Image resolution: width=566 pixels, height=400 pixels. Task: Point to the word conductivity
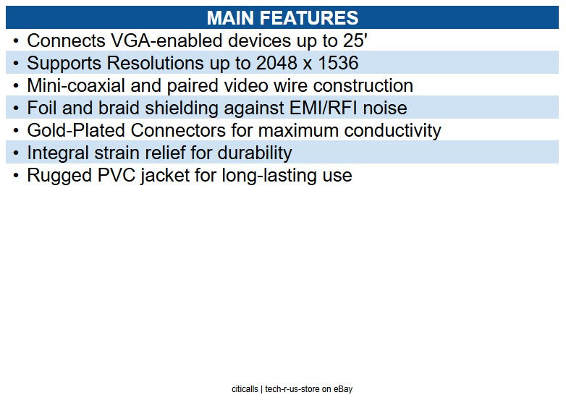(x=392, y=130)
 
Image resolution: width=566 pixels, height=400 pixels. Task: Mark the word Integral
(x=59, y=153)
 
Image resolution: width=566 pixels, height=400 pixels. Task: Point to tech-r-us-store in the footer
(x=292, y=389)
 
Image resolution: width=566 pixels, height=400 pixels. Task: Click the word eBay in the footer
(x=343, y=389)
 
